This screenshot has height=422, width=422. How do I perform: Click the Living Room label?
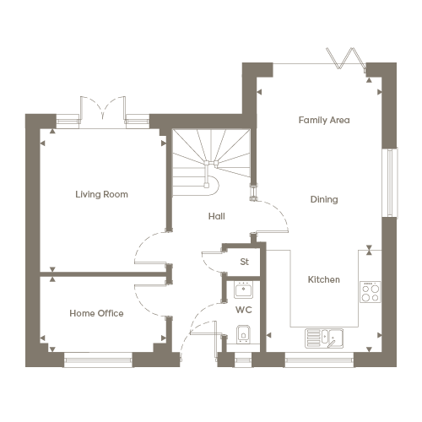pos(101,194)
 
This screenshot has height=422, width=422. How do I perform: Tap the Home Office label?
pos(96,313)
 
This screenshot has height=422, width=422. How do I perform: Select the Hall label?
pos(217,216)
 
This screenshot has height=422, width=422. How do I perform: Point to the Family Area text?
pos(324,120)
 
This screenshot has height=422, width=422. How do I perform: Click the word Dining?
pos(324,199)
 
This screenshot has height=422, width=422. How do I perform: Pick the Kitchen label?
pos(324,279)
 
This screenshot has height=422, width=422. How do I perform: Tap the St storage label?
pos(245,262)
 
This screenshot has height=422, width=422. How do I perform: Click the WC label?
pos(244,310)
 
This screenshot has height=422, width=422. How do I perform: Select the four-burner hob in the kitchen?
pos(371,292)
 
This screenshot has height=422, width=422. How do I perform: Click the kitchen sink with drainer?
pos(324,338)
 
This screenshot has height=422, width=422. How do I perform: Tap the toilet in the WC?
pos(243,334)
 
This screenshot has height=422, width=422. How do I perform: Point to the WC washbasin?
pos(243,289)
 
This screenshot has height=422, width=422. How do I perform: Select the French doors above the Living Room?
pos(103,112)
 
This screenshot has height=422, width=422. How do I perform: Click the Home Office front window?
pos(98,360)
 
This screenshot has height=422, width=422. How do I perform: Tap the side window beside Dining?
pos(390,182)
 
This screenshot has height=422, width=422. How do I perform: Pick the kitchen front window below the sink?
pos(319,360)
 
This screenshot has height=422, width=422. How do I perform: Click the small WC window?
pos(243,360)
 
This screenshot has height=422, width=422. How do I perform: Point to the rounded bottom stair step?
pos(212,186)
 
